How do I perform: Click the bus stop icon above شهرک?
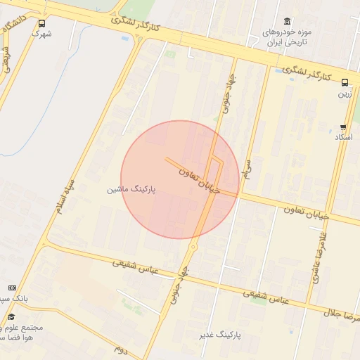click(x=42, y=22)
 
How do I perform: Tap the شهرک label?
click(x=42, y=33)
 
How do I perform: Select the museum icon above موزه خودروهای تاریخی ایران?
click(x=286, y=22)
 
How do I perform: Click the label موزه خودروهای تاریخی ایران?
click(x=286, y=38)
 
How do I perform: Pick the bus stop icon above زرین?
click(x=345, y=82)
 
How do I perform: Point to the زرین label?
click(x=345, y=93)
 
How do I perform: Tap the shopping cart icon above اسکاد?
click(x=343, y=128)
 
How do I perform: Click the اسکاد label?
click(x=343, y=137)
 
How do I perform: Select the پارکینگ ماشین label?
click(x=131, y=190)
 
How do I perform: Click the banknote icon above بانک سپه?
click(x=11, y=288)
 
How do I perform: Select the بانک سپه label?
click(x=14, y=298)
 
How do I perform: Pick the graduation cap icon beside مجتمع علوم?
click(x=11, y=317)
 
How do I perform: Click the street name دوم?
click(x=121, y=347)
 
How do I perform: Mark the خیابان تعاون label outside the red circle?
click(x=306, y=212)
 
